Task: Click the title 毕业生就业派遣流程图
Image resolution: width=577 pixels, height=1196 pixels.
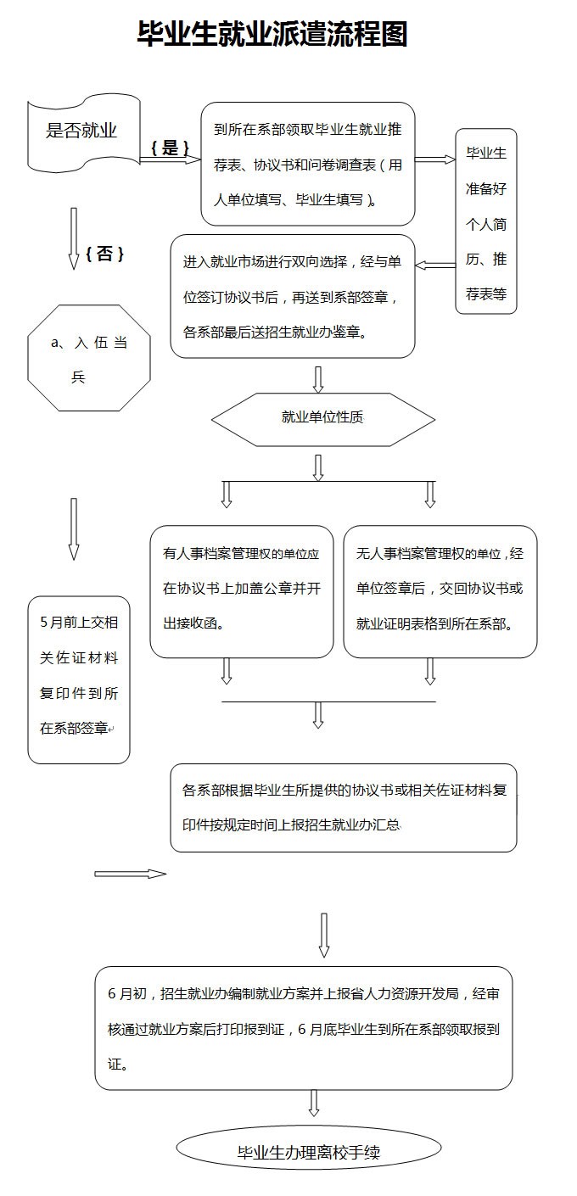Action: coord(272,34)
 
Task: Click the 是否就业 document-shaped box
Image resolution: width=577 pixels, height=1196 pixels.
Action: coord(84,133)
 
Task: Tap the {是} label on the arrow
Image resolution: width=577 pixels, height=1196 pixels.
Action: coord(170,148)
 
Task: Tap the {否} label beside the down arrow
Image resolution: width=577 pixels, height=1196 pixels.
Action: coord(104,253)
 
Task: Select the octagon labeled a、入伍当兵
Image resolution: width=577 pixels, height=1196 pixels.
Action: coord(89,358)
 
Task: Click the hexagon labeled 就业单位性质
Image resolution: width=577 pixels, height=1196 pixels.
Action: coord(323,420)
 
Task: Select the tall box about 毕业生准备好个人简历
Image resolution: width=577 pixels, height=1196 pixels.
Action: coord(486,221)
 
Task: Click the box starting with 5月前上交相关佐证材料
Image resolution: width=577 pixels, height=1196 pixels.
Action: coord(79,679)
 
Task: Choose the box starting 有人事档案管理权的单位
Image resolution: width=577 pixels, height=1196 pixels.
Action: coord(242,591)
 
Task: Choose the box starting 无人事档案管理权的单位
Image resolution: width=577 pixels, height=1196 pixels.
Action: coord(440,591)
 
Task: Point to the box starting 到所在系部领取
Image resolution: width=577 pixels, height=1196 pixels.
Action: coord(308,164)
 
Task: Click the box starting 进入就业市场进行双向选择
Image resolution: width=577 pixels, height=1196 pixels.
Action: coord(293,296)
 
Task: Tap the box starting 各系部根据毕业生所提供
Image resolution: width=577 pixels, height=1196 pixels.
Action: coord(344,808)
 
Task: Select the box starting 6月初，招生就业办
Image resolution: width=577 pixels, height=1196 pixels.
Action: coord(304,1028)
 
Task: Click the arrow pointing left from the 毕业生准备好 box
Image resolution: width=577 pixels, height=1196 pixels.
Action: coord(435,265)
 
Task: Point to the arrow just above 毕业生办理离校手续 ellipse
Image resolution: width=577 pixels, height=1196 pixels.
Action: coord(314,1103)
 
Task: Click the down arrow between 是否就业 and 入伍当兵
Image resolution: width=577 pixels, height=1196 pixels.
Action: coord(74,238)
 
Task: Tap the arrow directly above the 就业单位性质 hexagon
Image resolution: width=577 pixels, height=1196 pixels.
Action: coord(318,379)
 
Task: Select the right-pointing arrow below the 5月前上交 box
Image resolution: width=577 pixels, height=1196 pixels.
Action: coord(131,874)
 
